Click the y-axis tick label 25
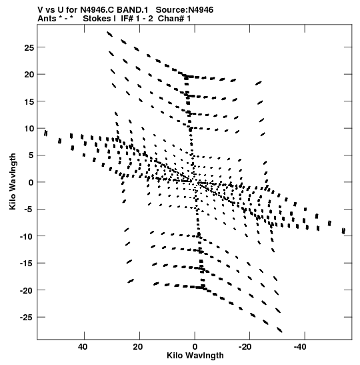[29, 48]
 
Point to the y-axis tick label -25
[27, 318]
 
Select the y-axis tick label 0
[31, 183]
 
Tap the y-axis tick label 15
[29, 101]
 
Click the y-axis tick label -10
[27, 237]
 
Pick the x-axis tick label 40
[83, 347]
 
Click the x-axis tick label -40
[300, 347]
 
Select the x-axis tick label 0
[195, 347]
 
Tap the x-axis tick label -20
[245, 347]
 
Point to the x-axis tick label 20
[138, 347]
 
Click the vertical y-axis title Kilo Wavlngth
[13, 181]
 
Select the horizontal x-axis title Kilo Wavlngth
[195, 356]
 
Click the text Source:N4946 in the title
[185, 10]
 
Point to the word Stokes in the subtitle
[97, 19]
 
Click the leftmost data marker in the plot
[46, 133]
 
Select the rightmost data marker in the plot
[343, 231]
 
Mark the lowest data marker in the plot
[280, 330]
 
